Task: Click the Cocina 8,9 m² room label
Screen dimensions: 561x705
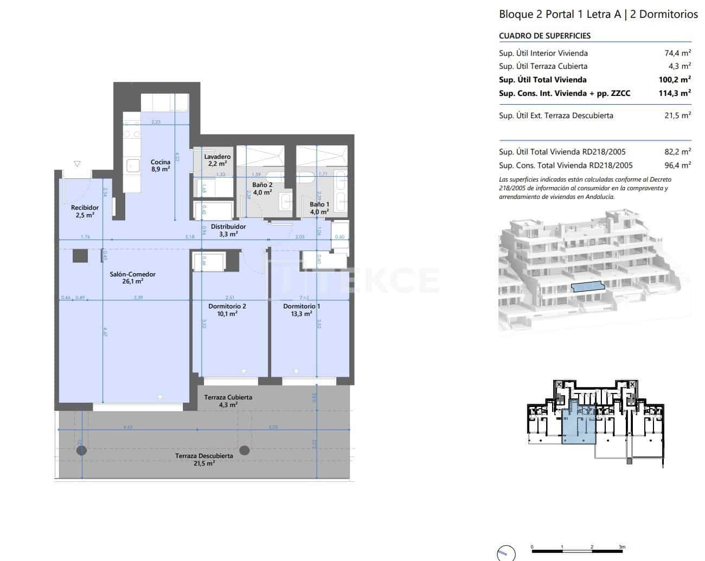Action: coord(161,165)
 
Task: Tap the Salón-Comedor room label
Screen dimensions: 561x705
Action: coord(133,278)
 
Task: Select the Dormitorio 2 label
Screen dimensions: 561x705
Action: coord(227,309)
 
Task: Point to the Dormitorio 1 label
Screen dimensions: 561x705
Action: coord(302,309)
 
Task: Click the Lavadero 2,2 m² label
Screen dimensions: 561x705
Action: coord(217,160)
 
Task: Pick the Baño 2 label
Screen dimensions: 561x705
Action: coord(262,188)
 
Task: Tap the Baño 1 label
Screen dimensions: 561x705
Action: coord(319,208)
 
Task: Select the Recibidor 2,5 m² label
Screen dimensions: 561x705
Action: coord(85,211)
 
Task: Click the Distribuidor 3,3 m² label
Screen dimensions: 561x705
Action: coord(228,230)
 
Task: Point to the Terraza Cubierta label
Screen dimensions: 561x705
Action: coord(228,401)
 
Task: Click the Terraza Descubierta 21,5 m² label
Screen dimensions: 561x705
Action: coord(204,459)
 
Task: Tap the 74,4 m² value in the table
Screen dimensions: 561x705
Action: coord(677,53)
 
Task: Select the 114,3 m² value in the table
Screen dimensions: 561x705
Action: coord(674,93)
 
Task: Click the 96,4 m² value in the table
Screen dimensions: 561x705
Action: coord(677,165)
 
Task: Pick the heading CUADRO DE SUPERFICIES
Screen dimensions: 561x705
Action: coord(544,36)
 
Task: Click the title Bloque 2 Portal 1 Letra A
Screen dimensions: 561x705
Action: coord(560,15)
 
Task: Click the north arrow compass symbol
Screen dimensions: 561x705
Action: coord(505,552)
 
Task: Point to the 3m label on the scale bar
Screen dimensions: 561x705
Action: coord(622,547)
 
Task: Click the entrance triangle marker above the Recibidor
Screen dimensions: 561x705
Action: coord(77,164)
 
